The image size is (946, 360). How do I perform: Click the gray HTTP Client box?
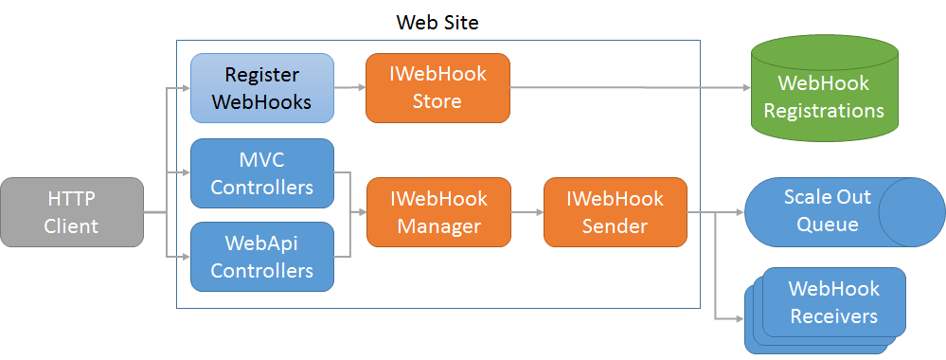[72, 213]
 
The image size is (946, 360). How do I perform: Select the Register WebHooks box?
[262, 88]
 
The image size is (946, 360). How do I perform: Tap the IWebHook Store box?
[437, 88]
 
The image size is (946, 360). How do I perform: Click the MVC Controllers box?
[262, 173]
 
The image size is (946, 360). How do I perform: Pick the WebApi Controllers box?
[262, 257]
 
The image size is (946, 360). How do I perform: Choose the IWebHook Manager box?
[437, 213]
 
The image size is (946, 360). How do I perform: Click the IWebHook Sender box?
[615, 213]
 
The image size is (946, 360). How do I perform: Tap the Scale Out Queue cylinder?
[820, 211]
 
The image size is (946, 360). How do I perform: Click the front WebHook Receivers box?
[834, 302]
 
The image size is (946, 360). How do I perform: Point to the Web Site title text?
[437, 22]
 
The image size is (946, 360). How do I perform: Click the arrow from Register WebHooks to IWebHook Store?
[349, 88]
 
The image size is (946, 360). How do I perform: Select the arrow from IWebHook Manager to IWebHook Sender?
[527, 213]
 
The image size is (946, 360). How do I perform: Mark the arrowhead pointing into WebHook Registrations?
[743, 88]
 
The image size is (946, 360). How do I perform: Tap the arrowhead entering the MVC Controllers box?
[186, 172]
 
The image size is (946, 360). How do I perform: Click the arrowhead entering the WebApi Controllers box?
[186, 256]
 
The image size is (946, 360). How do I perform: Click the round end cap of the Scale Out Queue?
[912, 211]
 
